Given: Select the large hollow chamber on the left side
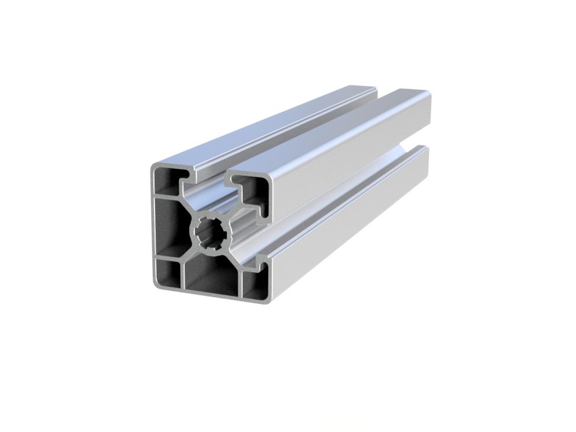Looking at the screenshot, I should pos(168,228).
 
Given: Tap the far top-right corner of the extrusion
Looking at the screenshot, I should pos(429,95).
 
